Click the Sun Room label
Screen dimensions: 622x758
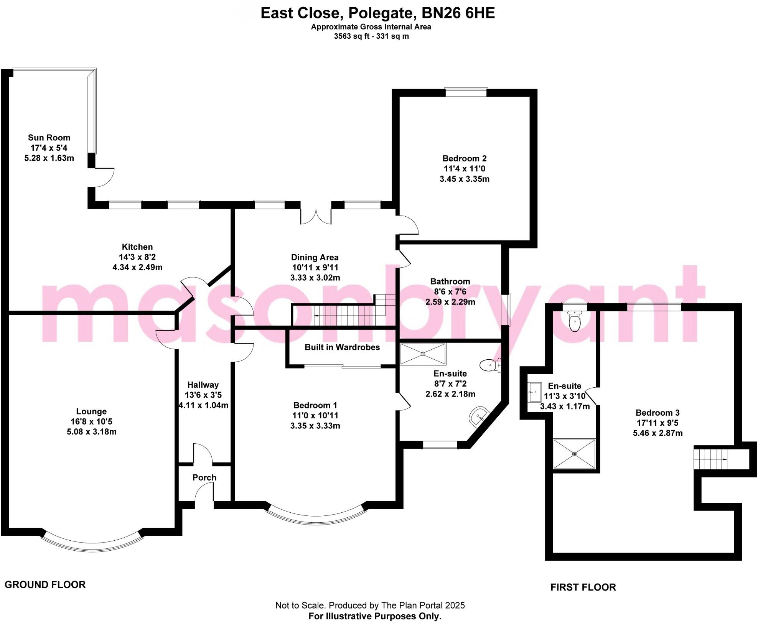click(x=49, y=138)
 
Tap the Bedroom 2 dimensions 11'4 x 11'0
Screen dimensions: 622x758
click(x=464, y=169)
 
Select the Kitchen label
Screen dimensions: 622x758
click(x=137, y=247)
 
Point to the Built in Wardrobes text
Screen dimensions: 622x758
click(x=342, y=347)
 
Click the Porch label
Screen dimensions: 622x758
click(x=204, y=478)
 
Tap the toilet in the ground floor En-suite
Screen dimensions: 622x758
click(x=490, y=365)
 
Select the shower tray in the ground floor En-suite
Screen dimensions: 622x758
click(x=423, y=354)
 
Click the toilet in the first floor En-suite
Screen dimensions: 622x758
click(x=575, y=321)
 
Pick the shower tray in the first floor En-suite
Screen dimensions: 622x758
click(x=574, y=454)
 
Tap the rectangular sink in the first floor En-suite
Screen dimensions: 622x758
click(x=534, y=392)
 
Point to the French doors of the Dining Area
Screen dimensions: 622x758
click(x=316, y=216)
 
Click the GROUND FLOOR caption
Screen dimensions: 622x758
click(x=45, y=585)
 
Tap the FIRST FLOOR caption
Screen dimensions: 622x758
click(x=583, y=587)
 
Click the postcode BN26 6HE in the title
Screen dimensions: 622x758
click(x=458, y=13)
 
